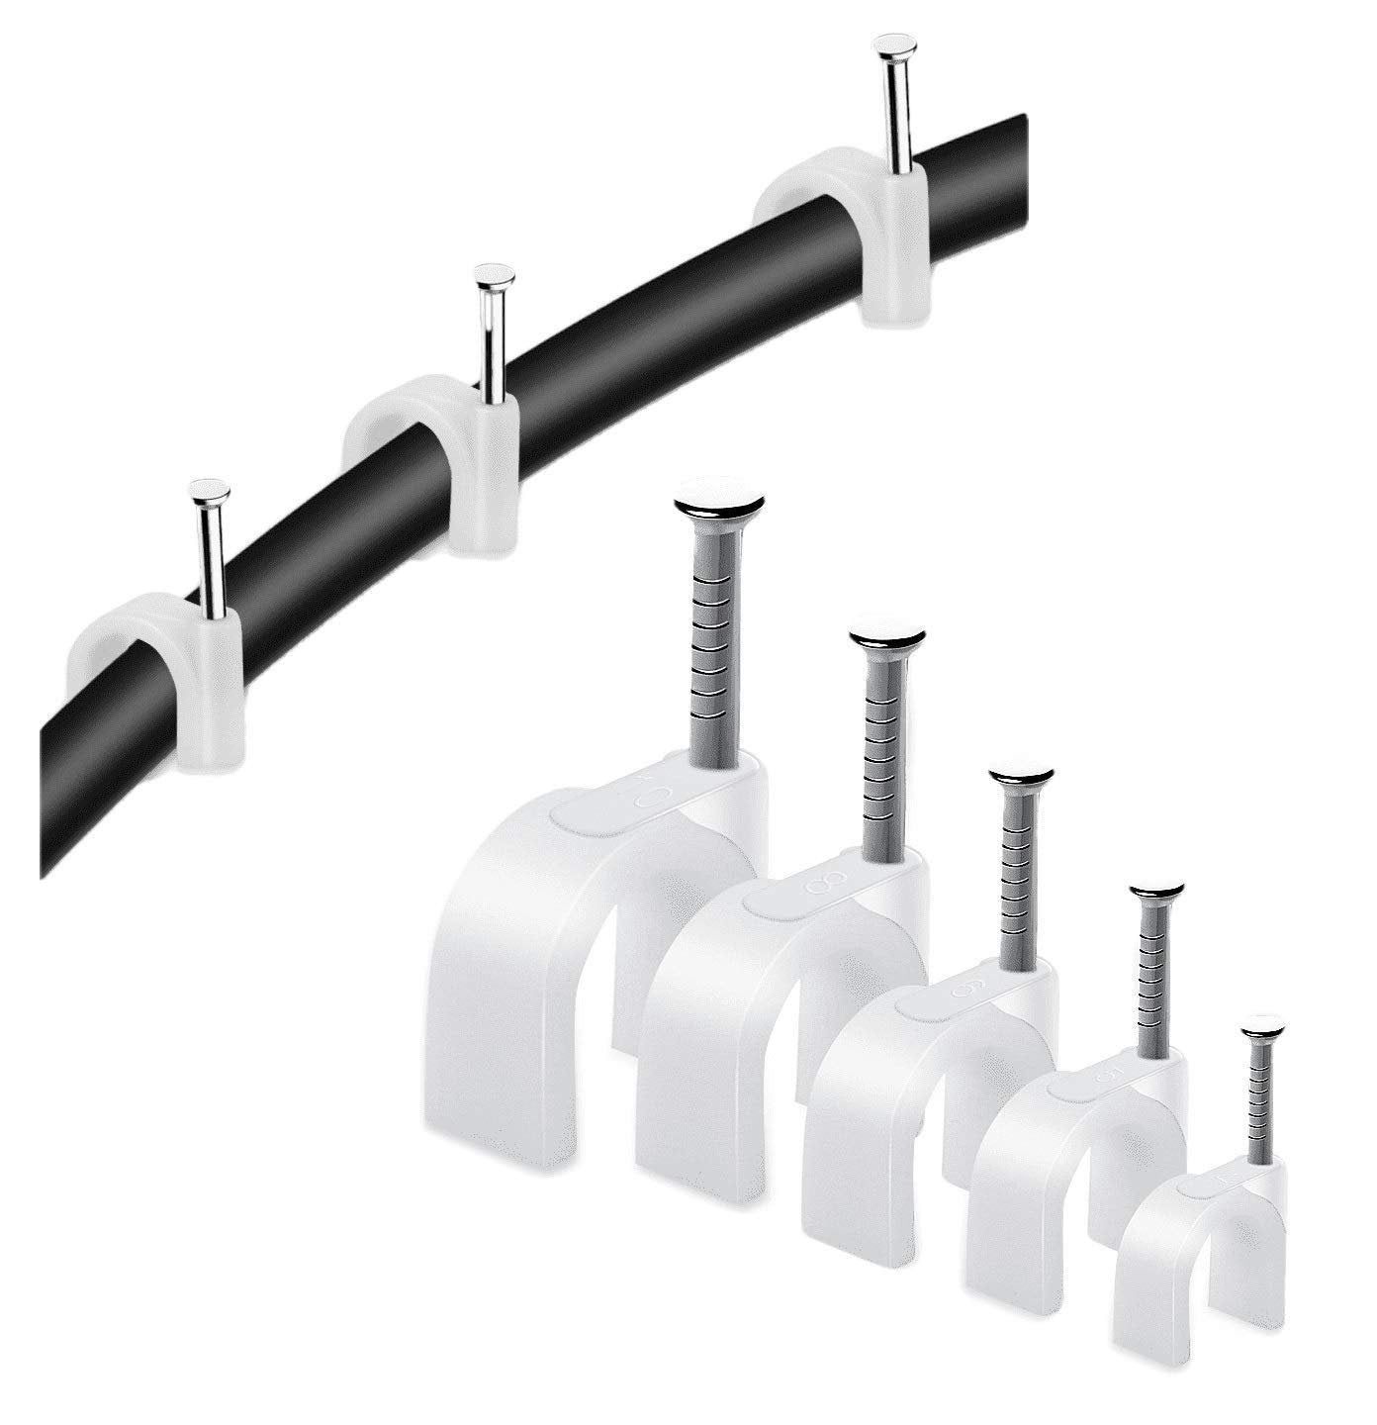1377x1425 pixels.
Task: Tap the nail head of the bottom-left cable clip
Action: (210, 491)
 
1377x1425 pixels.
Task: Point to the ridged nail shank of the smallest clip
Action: (1259, 1098)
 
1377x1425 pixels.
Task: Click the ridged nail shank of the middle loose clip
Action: (1017, 871)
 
